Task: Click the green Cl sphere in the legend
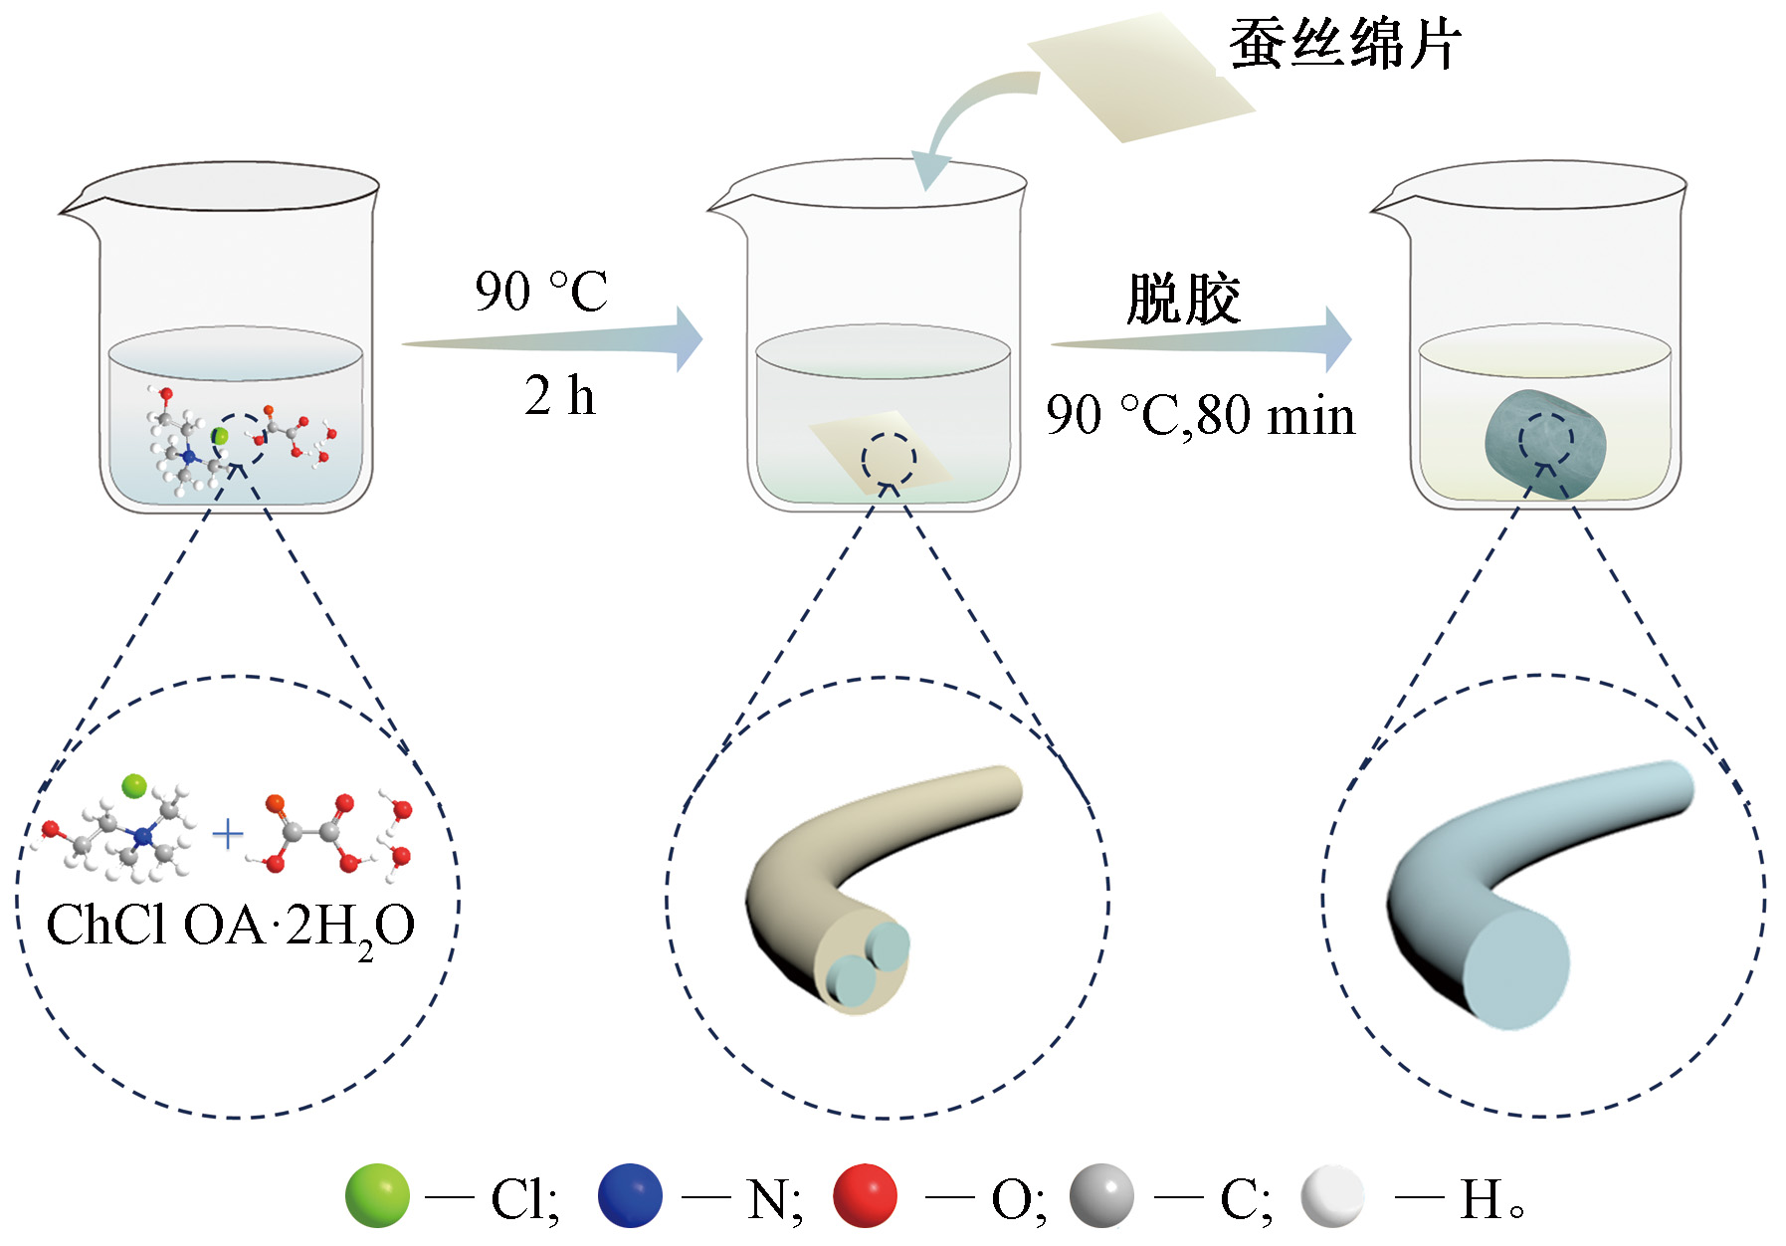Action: (377, 1195)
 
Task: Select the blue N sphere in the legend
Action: (630, 1195)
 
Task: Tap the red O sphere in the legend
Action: (865, 1195)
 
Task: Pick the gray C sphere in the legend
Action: (1101, 1195)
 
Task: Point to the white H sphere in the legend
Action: (1332, 1195)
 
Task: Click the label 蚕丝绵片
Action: (1345, 45)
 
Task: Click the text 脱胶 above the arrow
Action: (1183, 298)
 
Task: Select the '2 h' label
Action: (559, 395)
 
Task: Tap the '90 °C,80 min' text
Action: (1200, 415)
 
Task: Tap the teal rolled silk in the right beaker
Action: (1544, 443)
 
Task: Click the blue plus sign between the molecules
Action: (228, 834)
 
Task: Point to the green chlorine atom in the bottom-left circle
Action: (134, 786)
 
